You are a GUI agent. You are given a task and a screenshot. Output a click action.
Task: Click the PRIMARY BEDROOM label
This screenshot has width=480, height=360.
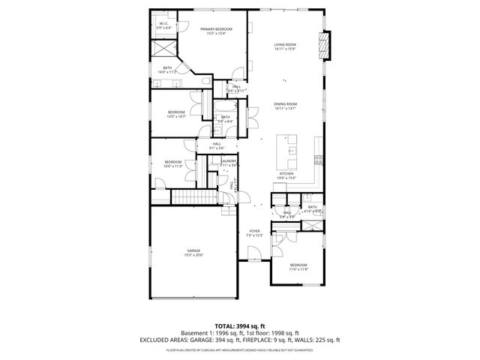pos(216,31)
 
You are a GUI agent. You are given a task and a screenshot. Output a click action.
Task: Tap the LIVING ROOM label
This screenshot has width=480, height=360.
pos(286,46)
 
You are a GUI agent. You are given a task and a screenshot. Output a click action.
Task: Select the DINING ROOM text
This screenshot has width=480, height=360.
pos(286,106)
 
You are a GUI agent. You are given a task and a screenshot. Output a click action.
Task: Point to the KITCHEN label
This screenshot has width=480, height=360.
pos(286,175)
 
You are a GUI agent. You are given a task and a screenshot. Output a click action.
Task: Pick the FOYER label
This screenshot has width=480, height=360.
pos(255,232)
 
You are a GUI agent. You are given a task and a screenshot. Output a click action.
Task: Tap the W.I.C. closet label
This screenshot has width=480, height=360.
pos(163,25)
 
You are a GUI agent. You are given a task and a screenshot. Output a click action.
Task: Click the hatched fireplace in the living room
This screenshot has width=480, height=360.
pos(324,46)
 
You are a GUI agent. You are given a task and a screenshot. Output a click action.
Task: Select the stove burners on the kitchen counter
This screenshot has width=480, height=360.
pos(319,159)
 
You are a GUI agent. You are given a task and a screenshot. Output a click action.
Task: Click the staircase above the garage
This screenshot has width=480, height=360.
pos(194,197)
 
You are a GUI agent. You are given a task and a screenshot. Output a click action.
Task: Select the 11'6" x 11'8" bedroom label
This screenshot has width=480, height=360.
pos(298,267)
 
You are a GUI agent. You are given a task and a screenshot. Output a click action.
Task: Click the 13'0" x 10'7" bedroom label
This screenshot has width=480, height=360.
pos(176,114)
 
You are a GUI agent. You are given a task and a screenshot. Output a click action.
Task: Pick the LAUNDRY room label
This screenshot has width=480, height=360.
pos(229,162)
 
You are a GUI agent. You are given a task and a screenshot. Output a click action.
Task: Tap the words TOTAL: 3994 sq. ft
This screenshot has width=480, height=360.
pos(240,325)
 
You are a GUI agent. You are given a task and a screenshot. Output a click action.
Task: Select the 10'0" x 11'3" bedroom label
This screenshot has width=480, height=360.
pos(173,163)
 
